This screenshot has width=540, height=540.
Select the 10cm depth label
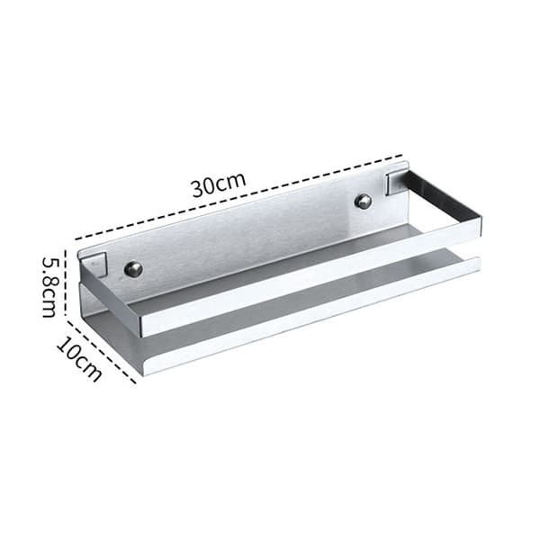(79, 358)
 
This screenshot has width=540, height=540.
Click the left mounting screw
(133, 268)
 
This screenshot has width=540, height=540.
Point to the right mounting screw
(364, 201)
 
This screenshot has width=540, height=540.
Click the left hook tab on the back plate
(95, 264)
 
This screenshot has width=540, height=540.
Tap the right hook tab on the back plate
(396, 183)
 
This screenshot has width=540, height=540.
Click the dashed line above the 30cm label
(238, 196)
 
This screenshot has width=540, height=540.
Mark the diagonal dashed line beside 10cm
(101, 352)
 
